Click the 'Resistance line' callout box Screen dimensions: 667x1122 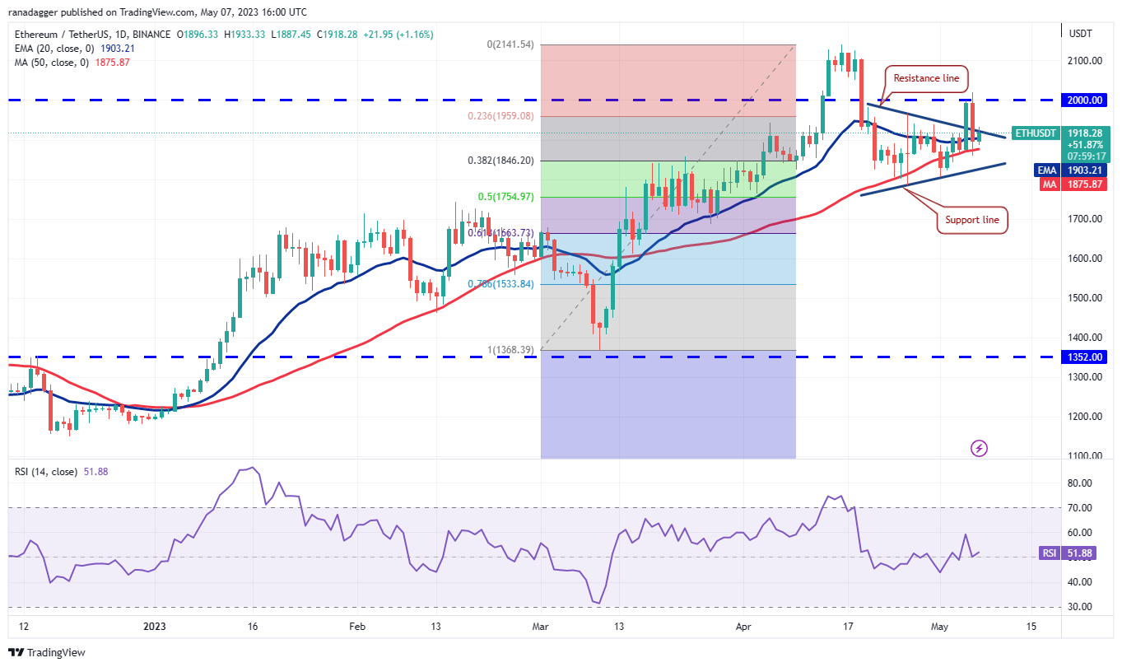pos(927,78)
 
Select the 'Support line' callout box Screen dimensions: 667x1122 pos(972,220)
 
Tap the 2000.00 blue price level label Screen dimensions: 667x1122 pos(1086,100)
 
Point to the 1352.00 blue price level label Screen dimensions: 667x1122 pos(1086,357)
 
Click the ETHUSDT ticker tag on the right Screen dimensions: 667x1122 pos(1036,133)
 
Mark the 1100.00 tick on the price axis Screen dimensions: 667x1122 pos(1085,455)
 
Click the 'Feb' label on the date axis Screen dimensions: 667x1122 pos(356,626)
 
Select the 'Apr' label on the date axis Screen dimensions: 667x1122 pos(744,626)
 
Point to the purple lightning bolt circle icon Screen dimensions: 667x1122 pos(979,448)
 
